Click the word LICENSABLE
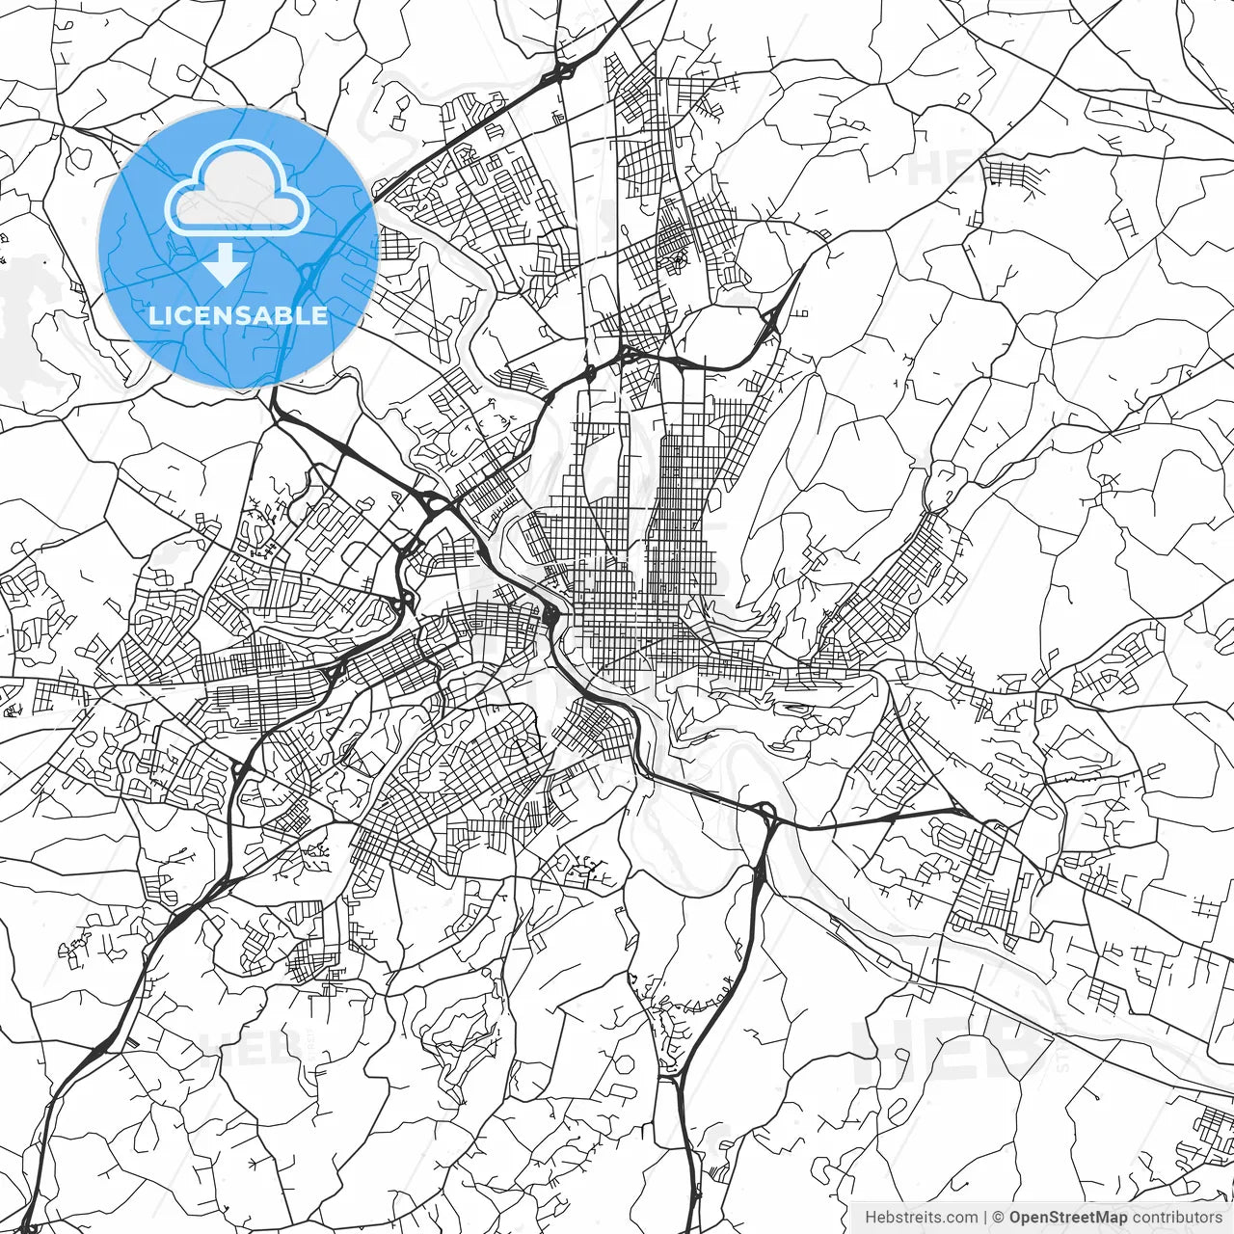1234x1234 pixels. (238, 315)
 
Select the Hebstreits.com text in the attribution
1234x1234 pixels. (921, 1217)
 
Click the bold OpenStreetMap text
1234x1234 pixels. (1068, 1217)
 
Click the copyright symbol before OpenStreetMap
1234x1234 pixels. (999, 1217)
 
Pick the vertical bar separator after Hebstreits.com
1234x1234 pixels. (984, 1217)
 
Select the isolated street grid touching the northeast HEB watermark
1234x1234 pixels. (1010, 174)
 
